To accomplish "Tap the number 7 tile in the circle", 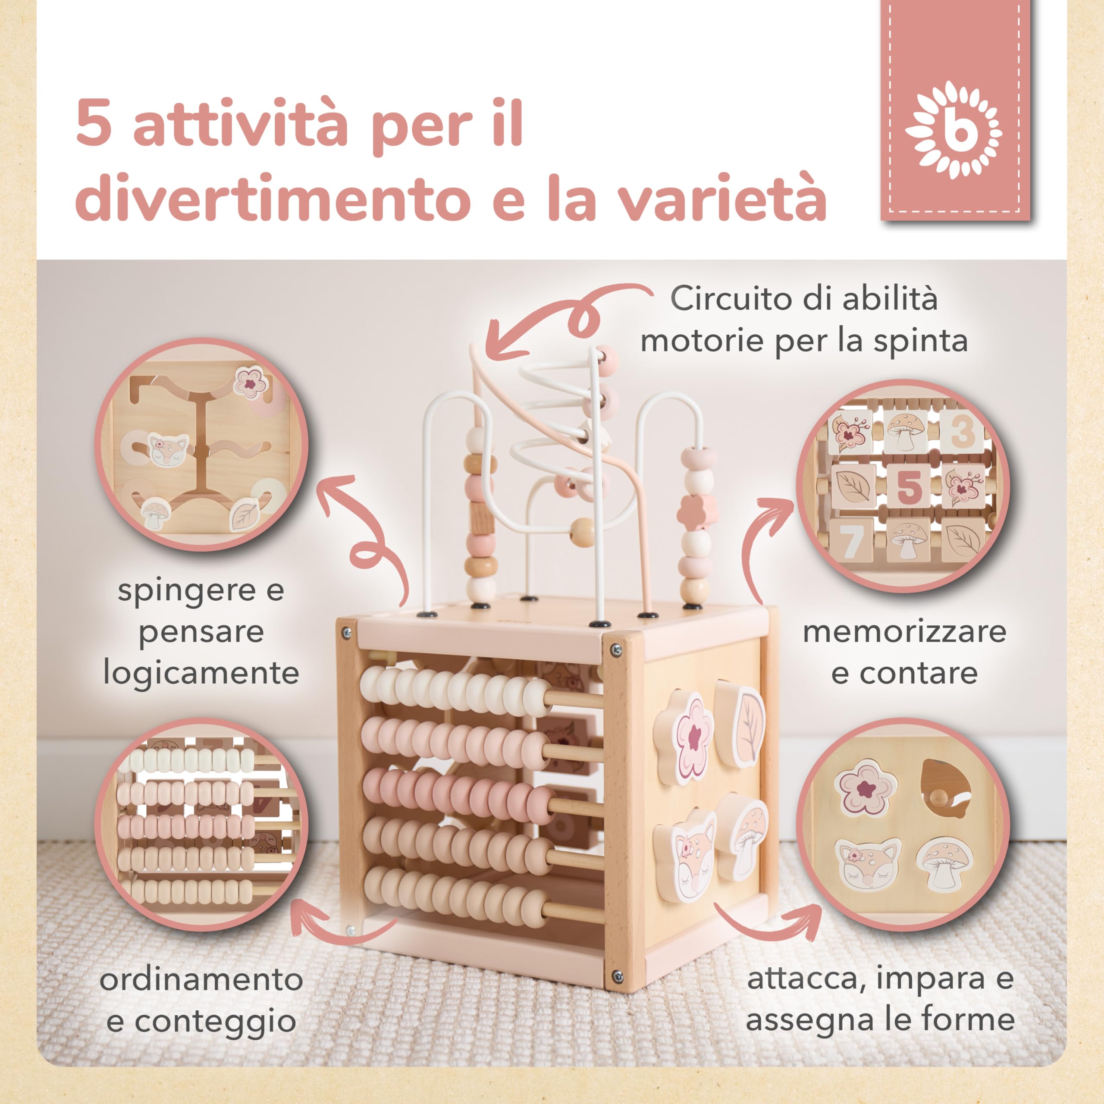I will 851,539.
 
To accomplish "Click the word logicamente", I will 201,673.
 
